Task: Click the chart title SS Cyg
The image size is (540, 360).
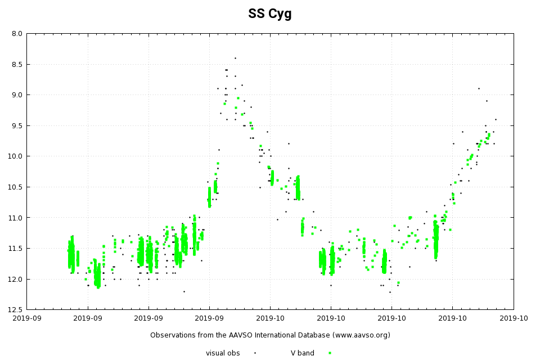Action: (270, 14)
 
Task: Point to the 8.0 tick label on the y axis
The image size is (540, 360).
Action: (17, 34)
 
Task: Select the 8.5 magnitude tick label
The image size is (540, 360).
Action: (17, 64)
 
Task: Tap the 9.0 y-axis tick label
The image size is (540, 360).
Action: (17, 94)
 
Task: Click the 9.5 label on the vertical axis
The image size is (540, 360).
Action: (17, 125)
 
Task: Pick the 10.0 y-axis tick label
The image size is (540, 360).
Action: (15, 156)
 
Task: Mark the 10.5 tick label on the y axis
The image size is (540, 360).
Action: (15, 187)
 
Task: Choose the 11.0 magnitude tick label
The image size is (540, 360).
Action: (15, 218)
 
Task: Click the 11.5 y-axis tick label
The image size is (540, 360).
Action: (15, 248)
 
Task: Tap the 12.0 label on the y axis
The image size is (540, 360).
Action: (15, 279)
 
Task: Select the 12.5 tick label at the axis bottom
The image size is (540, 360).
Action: (15, 309)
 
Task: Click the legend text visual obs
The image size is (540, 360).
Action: (223, 353)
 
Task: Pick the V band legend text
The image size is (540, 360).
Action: (303, 353)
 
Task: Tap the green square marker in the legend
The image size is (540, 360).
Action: (330, 353)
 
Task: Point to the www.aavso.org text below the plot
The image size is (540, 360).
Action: (360, 335)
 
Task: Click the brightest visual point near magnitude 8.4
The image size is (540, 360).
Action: (235, 58)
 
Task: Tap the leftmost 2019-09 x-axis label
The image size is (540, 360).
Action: (26, 318)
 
